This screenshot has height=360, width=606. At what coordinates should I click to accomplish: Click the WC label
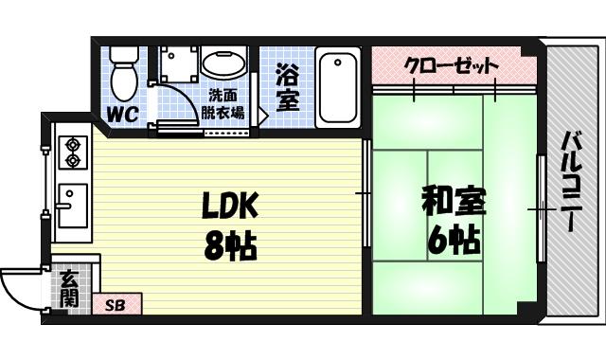(x=120, y=115)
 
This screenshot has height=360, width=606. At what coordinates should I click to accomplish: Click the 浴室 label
(x=288, y=87)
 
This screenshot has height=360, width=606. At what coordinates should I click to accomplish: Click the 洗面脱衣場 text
(x=225, y=103)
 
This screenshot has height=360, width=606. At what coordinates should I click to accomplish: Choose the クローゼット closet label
(x=451, y=66)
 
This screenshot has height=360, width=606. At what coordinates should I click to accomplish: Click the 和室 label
(x=454, y=203)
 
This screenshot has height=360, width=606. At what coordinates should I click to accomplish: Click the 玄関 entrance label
(x=69, y=289)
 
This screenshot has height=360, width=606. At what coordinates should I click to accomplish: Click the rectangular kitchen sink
(x=73, y=206)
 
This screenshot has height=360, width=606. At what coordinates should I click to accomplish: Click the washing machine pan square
(x=179, y=63)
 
